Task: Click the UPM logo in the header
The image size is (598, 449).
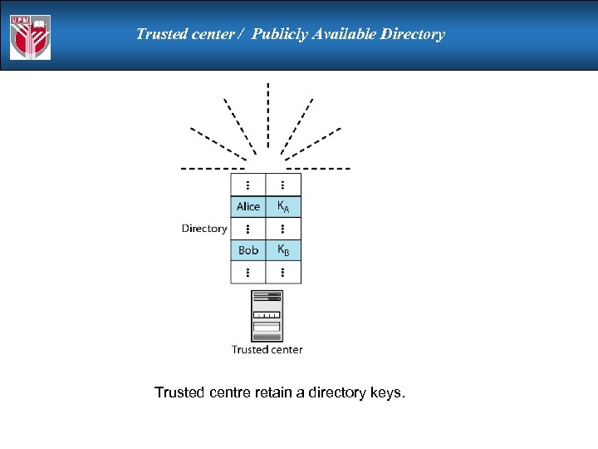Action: coord(30,37)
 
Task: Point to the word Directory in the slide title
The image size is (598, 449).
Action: coord(414,34)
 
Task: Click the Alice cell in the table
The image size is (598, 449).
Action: coord(248,206)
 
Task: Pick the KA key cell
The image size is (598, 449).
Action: coord(283,206)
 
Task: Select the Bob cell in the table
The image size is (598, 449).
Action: coord(248,250)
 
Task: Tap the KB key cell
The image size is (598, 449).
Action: coord(283,250)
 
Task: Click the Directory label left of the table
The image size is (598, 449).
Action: coord(204,229)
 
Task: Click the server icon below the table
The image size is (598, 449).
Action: coord(267,315)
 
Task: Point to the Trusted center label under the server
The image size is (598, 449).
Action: coord(267,350)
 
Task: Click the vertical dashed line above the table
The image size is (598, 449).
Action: coord(267,116)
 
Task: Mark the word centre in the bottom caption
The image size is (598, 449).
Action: coord(228,392)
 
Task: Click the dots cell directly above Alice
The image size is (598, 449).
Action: coord(248,185)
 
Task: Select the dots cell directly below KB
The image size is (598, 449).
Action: coord(283,272)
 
